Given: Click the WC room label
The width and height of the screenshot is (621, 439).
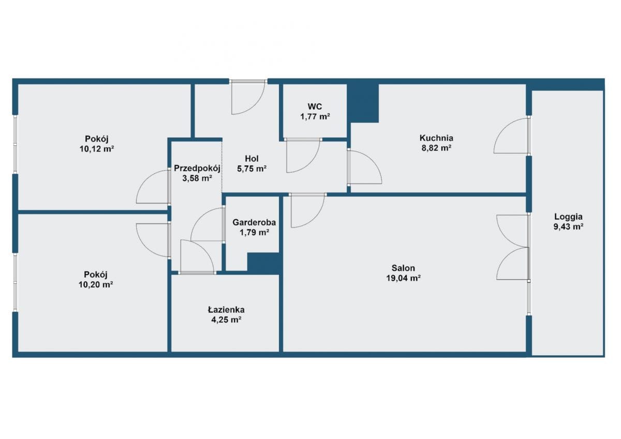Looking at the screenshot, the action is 315,107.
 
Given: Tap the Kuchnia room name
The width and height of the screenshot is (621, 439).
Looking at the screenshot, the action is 436,138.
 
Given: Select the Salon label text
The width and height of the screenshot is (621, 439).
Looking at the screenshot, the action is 403,268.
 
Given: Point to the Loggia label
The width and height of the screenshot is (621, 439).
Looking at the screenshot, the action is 568,217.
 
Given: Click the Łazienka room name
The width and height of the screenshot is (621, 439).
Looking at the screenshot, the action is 226,310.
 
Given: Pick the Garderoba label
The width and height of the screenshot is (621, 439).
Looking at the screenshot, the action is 254,222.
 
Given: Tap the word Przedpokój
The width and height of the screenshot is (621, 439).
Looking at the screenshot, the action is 197,168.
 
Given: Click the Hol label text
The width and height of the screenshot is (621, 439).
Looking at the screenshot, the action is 252,158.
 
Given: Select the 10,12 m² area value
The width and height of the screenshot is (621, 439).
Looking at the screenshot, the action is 97,149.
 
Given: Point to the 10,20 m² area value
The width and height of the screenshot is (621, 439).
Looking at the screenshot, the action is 96,285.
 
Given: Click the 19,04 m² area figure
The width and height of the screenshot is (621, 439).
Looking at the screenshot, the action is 404,278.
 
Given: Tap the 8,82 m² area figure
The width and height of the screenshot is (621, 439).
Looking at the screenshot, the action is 436,148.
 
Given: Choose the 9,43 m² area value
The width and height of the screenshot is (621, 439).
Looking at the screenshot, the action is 568,226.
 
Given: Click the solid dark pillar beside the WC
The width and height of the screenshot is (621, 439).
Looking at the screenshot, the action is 363,103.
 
